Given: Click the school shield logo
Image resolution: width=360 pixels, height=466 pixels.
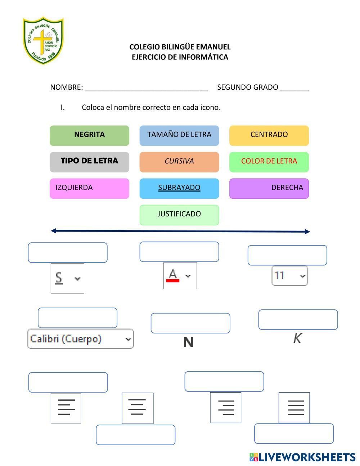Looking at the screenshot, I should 43,40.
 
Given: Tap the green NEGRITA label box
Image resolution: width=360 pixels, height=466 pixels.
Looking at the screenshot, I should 89,135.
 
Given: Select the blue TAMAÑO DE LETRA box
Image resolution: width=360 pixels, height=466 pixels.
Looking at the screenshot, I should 179,135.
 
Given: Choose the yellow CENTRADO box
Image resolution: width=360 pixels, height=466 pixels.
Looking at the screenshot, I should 269,135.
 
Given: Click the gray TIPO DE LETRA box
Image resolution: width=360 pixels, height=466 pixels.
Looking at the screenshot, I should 89,162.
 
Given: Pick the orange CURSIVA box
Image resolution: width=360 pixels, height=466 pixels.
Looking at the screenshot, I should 179,162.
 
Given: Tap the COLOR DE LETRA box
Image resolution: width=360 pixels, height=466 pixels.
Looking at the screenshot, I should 269,162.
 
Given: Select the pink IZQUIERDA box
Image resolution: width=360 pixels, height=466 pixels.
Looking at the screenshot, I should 89,188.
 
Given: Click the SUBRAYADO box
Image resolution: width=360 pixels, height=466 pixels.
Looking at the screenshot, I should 179,188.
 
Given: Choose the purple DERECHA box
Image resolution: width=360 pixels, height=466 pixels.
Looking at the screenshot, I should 269,188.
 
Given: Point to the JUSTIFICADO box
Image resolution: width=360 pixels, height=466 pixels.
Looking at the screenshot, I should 179,215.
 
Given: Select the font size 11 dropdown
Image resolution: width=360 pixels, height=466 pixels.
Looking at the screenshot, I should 290,276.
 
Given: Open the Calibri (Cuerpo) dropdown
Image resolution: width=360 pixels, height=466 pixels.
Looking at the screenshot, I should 80,339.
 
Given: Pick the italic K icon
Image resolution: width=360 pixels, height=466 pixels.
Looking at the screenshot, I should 297,338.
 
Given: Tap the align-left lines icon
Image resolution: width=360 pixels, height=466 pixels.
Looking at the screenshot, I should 66,408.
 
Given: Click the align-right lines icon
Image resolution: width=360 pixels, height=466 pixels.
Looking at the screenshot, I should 226,407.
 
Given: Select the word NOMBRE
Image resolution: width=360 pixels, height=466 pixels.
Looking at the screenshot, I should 66,87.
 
